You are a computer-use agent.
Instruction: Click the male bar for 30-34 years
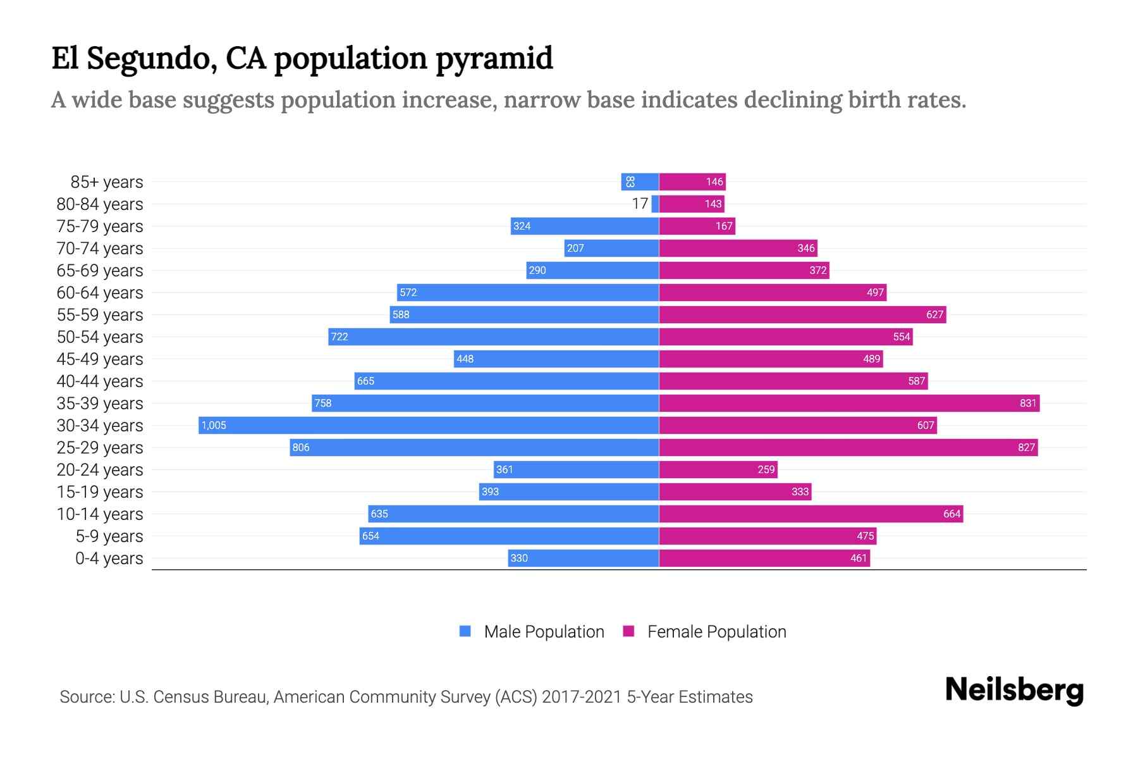[x=429, y=425]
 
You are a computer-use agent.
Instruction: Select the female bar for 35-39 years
[x=849, y=403]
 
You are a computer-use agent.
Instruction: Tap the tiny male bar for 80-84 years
[x=655, y=204]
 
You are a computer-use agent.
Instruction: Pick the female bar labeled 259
[x=718, y=469]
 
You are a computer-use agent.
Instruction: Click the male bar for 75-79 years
[x=585, y=226]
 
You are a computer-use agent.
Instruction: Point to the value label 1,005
[x=214, y=425]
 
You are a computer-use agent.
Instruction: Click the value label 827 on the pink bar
[x=1026, y=447]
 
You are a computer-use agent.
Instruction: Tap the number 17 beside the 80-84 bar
[x=640, y=204]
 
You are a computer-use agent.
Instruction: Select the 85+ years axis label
[x=107, y=182]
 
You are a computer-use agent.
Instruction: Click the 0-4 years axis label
[x=109, y=558]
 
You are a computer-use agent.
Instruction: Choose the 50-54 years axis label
[x=100, y=337]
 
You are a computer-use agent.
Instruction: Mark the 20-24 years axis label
[x=100, y=470]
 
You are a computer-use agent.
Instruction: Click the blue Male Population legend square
[x=465, y=631]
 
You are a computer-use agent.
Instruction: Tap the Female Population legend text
[x=716, y=631]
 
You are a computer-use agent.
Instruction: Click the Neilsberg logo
[x=1014, y=690]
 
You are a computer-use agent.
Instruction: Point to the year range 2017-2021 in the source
[x=581, y=697]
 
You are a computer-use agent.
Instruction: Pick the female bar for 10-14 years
[x=811, y=514]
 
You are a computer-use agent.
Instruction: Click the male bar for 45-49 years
[x=556, y=359]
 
